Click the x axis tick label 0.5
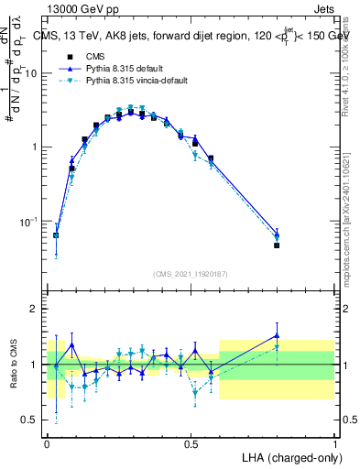[191, 444]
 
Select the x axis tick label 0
[47, 444]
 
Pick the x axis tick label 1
[334, 444]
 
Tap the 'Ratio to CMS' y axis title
[13, 365]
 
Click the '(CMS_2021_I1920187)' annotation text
[191, 274]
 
